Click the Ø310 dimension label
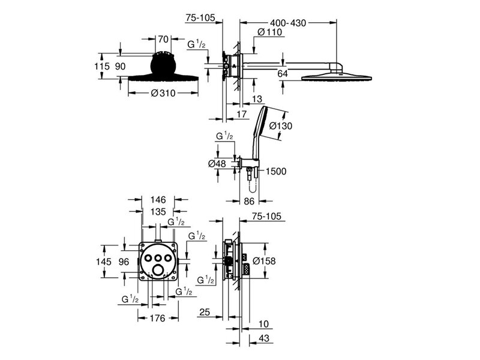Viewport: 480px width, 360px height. coord(163,93)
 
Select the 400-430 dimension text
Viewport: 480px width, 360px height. coord(288,23)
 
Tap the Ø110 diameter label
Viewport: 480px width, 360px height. coord(269,32)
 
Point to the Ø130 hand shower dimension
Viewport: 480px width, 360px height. coord(281,126)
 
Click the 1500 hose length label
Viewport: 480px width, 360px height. coord(276,172)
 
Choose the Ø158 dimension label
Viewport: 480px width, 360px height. coord(264,261)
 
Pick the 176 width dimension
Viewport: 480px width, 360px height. coord(158,319)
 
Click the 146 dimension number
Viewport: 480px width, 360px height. coord(158,200)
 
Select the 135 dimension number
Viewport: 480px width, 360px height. coord(158,212)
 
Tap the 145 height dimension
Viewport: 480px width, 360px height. coord(104,262)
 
